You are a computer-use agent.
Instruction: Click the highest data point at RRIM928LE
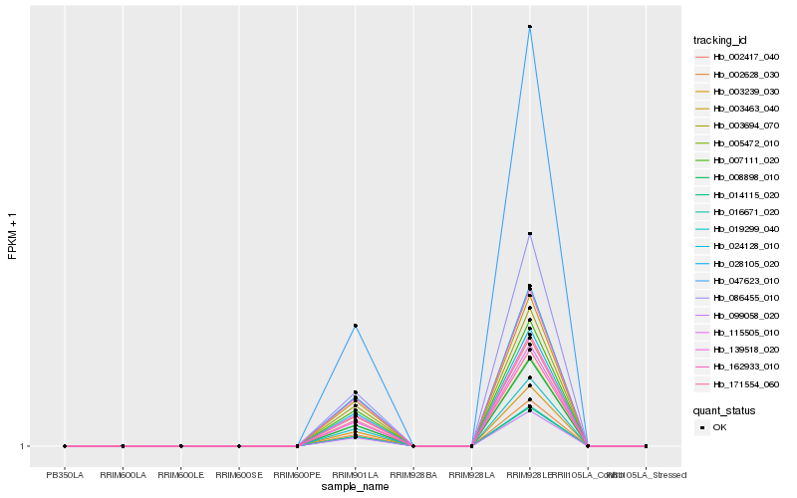pyautogui.click(x=530, y=27)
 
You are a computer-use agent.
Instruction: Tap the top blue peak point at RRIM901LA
pyautogui.click(x=356, y=326)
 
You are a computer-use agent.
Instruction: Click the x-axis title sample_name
pyautogui.click(x=355, y=486)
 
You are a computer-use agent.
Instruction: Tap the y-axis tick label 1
pyautogui.click(x=22, y=446)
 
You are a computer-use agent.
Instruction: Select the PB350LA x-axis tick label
pyautogui.click(x=65, y=474)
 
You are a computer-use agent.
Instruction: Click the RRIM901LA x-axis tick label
pyautogui.click(x=356, y=474)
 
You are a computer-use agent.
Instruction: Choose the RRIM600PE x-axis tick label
pyautogui.click(x=297, y=474)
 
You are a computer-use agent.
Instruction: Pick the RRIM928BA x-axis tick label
pyautogui.click(x=413, y=474)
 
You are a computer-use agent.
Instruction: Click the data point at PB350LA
pyautogui.click(x=65, y=446)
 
